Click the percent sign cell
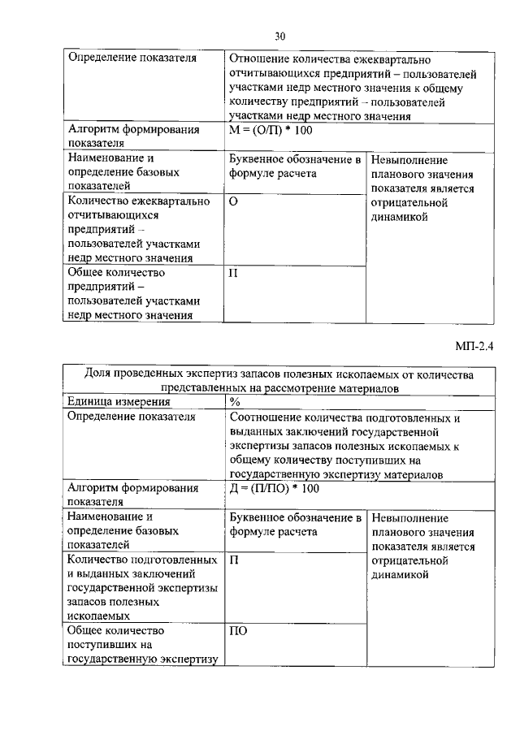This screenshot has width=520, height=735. point(235,401)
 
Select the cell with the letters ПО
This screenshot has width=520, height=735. point(238,629)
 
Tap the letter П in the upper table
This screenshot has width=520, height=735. point(234,272)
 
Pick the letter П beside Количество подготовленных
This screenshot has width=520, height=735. point(234,560)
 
